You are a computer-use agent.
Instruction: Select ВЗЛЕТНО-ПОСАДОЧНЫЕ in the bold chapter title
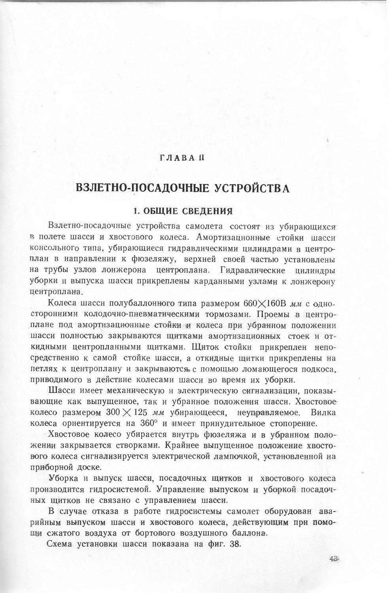point(143,187)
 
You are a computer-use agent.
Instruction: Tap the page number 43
point(334,559)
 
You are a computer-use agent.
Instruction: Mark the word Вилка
point(323,413)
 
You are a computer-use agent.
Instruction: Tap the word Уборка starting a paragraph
point(64,478)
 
